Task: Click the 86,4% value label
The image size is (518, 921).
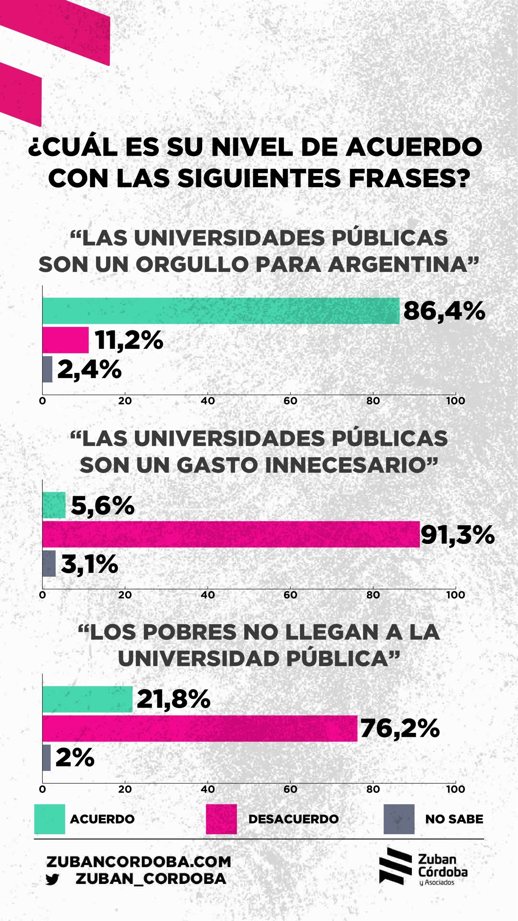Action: click(x=444, y=311)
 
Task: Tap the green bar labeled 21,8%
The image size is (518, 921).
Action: click(x=87, y=699)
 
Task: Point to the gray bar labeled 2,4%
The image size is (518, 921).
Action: click(x=47, y=369)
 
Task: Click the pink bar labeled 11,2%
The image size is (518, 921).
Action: click(x=65, y=340)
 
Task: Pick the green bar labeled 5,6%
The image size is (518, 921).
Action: click(x=54, y=505)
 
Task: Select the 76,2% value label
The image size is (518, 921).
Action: click(x=400, y=729)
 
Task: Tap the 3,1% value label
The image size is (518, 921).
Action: click(x=90, y=564)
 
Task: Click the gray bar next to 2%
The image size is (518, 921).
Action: click(x=46, y=758)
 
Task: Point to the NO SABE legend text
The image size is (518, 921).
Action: click(x=454, y=819)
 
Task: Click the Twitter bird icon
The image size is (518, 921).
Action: click(x=53, y=879)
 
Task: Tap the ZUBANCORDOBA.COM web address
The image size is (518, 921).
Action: click(x=138, y=862)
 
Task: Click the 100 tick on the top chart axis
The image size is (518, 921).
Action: click(x=455, y=401)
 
